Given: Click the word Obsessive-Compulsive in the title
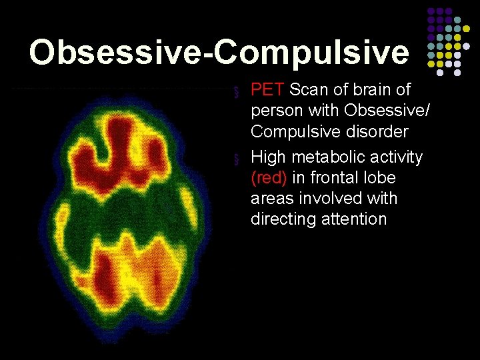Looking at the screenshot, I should [x=219, y=52].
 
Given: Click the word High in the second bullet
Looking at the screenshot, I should [x=269, y=157].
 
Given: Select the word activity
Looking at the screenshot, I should [x=399, y=158].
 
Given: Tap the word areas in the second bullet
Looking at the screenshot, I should [x=273, y=199].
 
